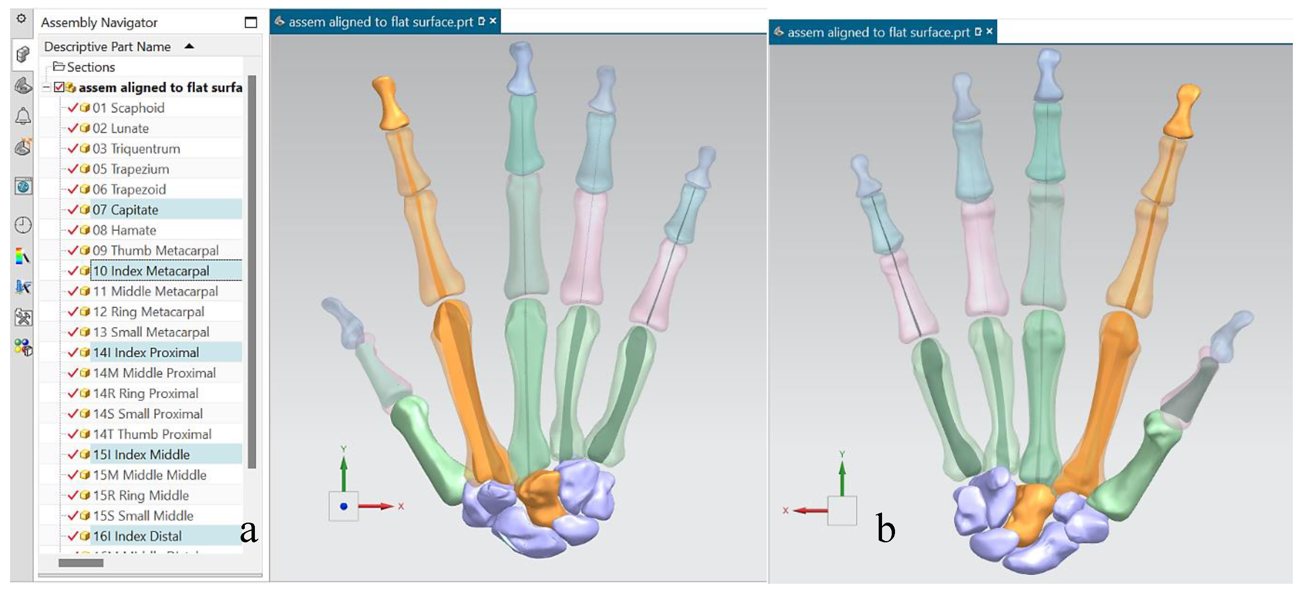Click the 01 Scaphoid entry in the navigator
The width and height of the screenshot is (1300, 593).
point(128,108)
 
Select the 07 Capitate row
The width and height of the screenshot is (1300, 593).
point(125,210)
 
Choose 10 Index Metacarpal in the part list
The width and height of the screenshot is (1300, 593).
point(150,271)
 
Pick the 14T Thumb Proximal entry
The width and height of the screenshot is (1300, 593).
point(152,434)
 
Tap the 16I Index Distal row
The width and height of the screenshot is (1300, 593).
point(137,536)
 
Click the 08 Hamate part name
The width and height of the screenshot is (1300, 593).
point(124,230)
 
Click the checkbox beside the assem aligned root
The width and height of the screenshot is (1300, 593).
point(59,87)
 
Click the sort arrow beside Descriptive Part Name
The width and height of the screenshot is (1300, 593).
point(189,46)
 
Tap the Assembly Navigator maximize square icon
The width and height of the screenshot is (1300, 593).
point(250,23)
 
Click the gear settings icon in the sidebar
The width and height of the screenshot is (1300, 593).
point(21,19)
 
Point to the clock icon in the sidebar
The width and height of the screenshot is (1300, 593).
point(23,225)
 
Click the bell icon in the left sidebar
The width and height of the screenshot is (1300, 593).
point(23,116)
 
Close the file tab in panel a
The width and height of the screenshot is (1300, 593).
point(493,21)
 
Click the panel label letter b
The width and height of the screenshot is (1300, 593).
point(886,529)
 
